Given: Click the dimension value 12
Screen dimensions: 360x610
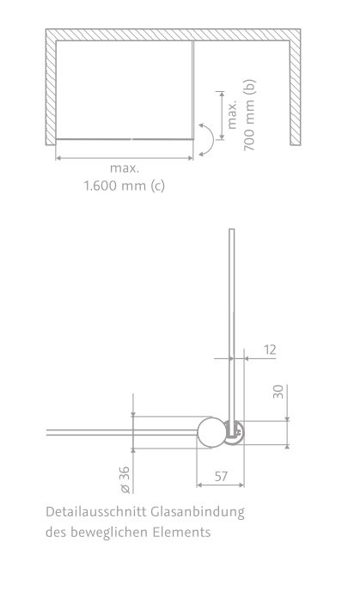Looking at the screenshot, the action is click(x=270, y=350).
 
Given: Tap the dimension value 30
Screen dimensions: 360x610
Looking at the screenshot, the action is click(x=278, y=392).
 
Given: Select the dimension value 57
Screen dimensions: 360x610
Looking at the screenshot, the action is click(x=221, y=476).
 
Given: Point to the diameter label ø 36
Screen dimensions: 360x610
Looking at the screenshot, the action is click(x=125, y=479).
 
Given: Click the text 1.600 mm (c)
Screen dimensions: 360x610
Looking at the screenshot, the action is click(x=124, y=186).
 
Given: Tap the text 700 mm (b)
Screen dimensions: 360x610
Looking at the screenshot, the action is click(x=249, y=115).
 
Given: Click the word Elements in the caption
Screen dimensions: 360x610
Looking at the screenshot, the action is click(x=181, y=532).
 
